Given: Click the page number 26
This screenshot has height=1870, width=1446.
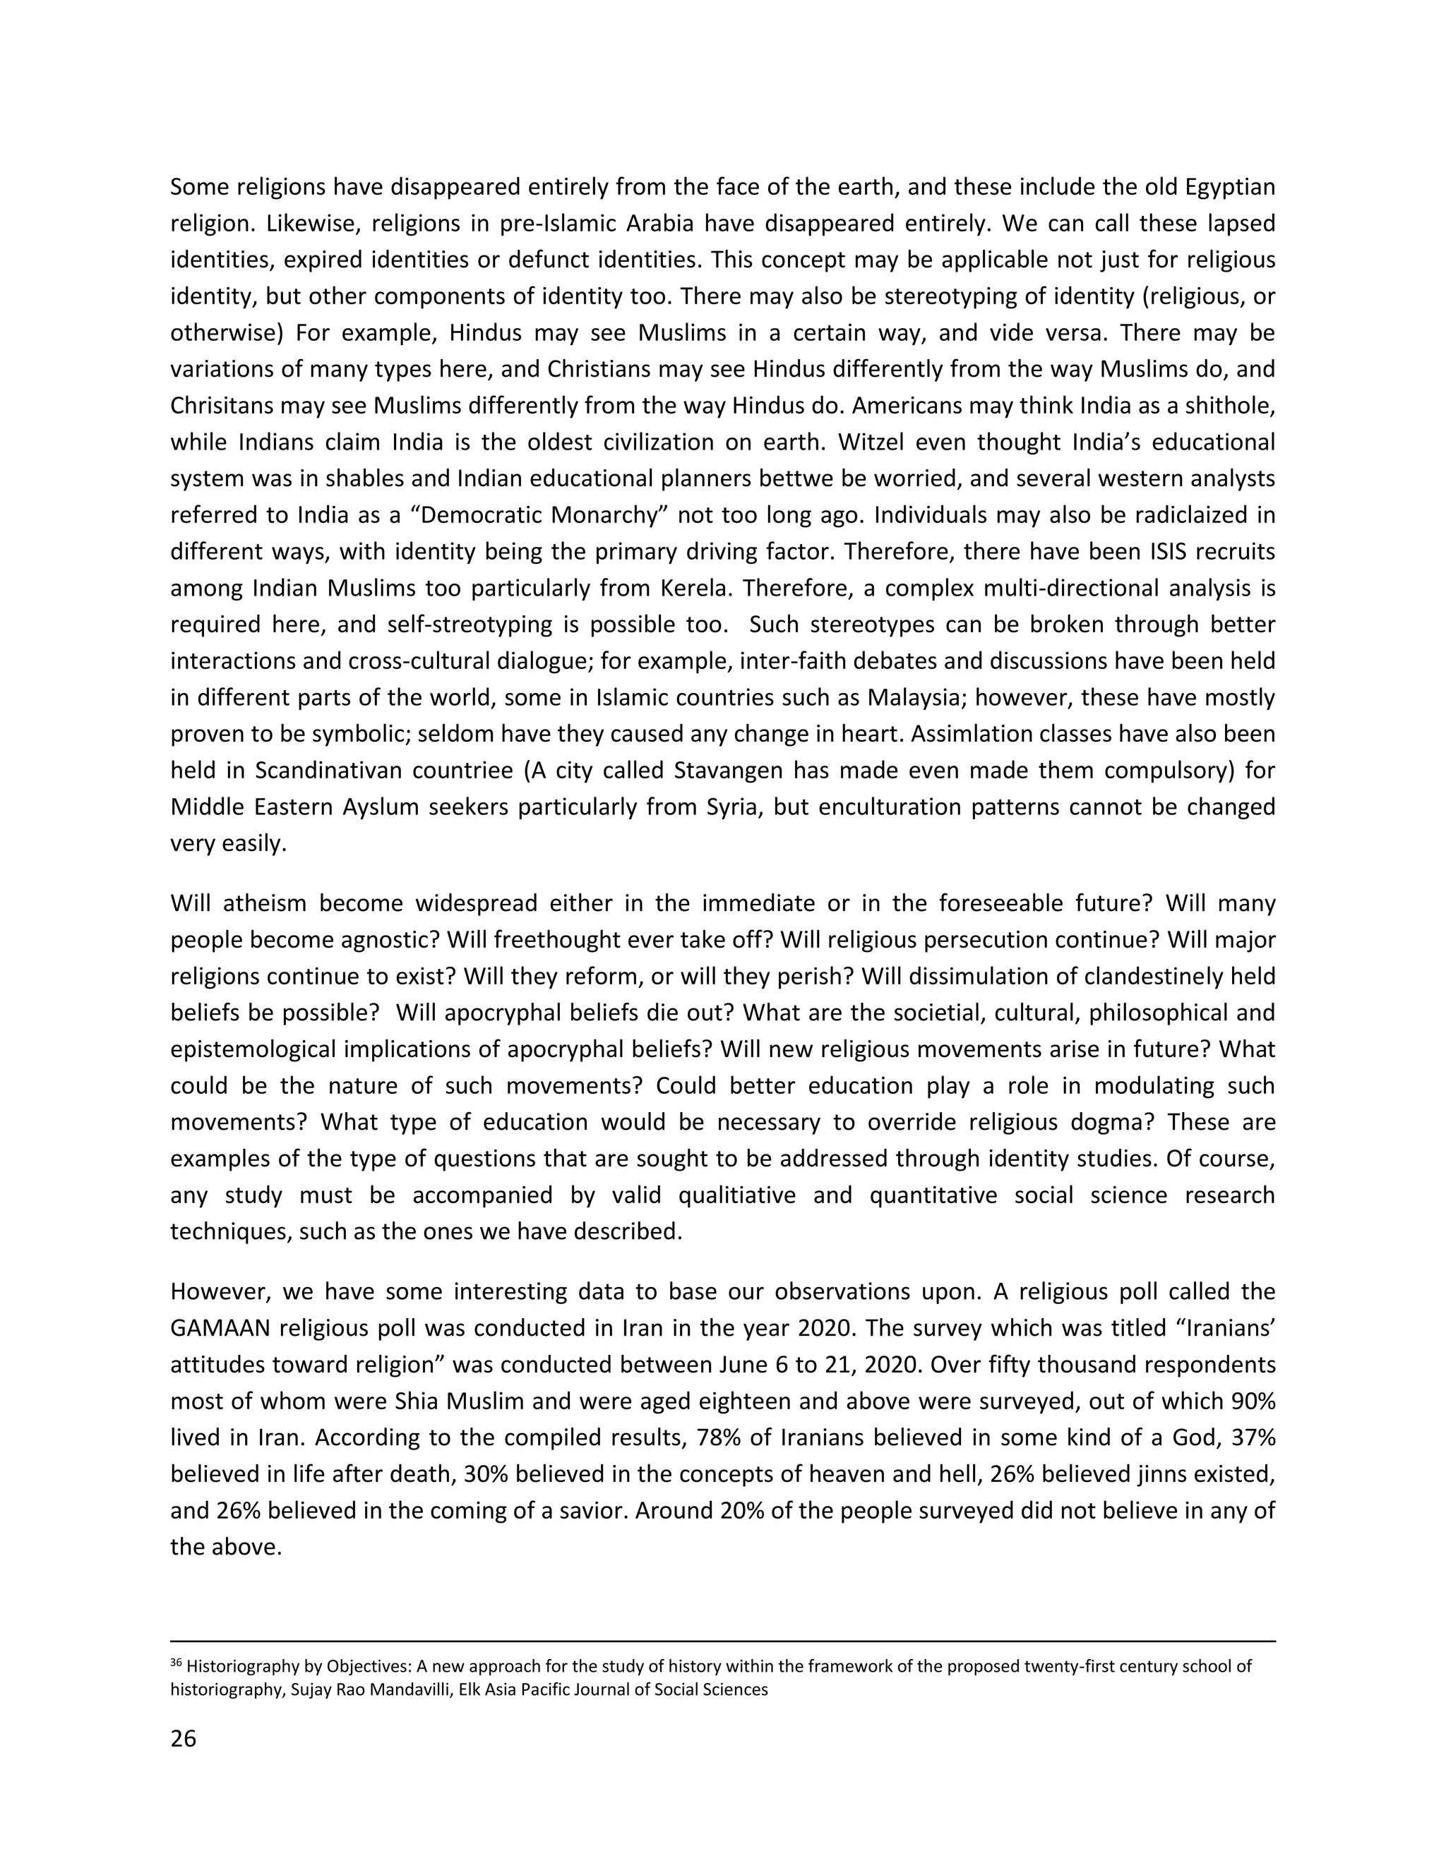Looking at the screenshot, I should click(184, 1762).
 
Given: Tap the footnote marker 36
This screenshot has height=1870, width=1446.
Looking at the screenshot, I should click(177, 1664).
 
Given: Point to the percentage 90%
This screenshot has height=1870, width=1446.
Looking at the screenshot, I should click(1254, 1401).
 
